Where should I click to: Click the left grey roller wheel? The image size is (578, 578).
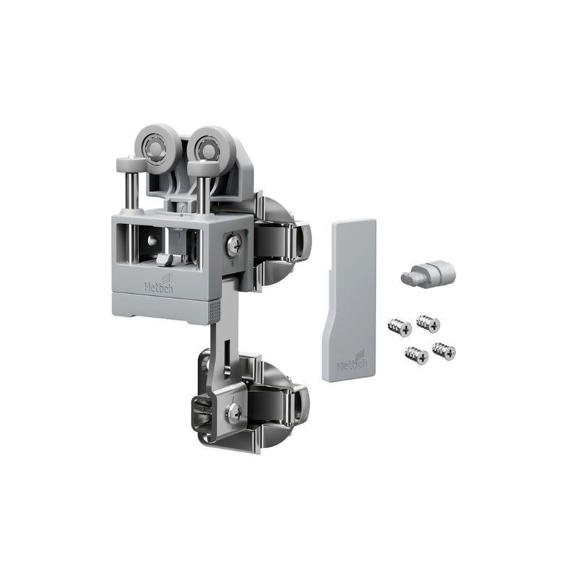click(x=154, y=146)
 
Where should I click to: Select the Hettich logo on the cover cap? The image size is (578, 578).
click(x=352, y=363)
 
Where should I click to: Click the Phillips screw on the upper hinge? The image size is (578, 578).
click(x=234, y=243)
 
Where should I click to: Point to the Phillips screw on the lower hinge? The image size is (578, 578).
click(x=233, y=410)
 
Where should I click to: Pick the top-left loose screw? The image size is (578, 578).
click(x=400, y=327)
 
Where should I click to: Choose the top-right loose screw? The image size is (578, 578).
click(x=428, y=323)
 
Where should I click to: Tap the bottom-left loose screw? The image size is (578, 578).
click(x=417, y=354)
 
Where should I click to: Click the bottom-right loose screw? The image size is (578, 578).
click(x=444, y=350)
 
